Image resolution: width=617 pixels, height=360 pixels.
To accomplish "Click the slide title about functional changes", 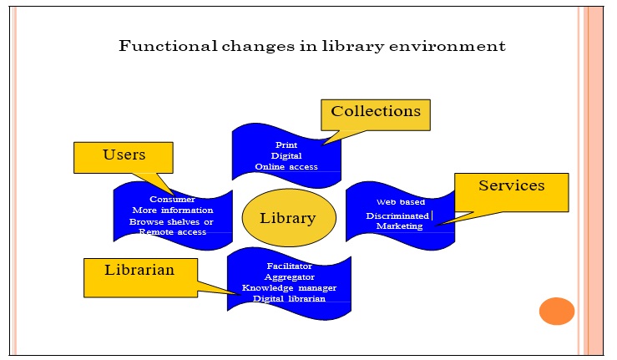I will pyautogui.click(x=311, y=45).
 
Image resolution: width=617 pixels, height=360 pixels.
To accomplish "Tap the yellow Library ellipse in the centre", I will pyautogui.click(x=288, y=218).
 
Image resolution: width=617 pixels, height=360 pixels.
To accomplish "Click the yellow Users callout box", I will pyautogui.click(x=124, y=156).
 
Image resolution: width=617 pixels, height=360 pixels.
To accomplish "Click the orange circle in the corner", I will pyautogui.click(x=556, y=311).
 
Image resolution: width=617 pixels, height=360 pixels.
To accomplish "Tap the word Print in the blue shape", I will pyautogui.click(x=286, y=145).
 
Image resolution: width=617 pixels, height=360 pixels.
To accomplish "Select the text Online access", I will pyautogui.click(x=286, y=167).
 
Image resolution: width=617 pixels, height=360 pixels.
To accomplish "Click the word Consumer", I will pyautogui.click(x=172, y=200).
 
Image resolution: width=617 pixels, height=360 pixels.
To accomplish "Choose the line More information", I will pyautogui.click(x=172, y=210).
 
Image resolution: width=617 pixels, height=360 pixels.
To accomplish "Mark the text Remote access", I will pyautogui.click(x=172, y=232).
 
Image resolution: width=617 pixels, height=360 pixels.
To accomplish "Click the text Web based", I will pyautogui.click(x=400, y=202).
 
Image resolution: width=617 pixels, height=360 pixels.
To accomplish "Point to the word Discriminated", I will pyautogui.click(x=397, y=216).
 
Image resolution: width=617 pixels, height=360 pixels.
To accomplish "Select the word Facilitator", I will pyautogui.click(x=289, y=266).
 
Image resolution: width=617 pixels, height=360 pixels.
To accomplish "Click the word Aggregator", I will pyautogui.click(x=289, y=276).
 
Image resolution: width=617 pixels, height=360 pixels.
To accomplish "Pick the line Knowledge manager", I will pyautogui.click(x=289, y=287).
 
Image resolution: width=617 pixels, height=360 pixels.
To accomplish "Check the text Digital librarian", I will pyautogui.click(x=289, y=298).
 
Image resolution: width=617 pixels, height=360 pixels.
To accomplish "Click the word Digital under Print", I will pyautogui.click(x=286, y=155).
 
